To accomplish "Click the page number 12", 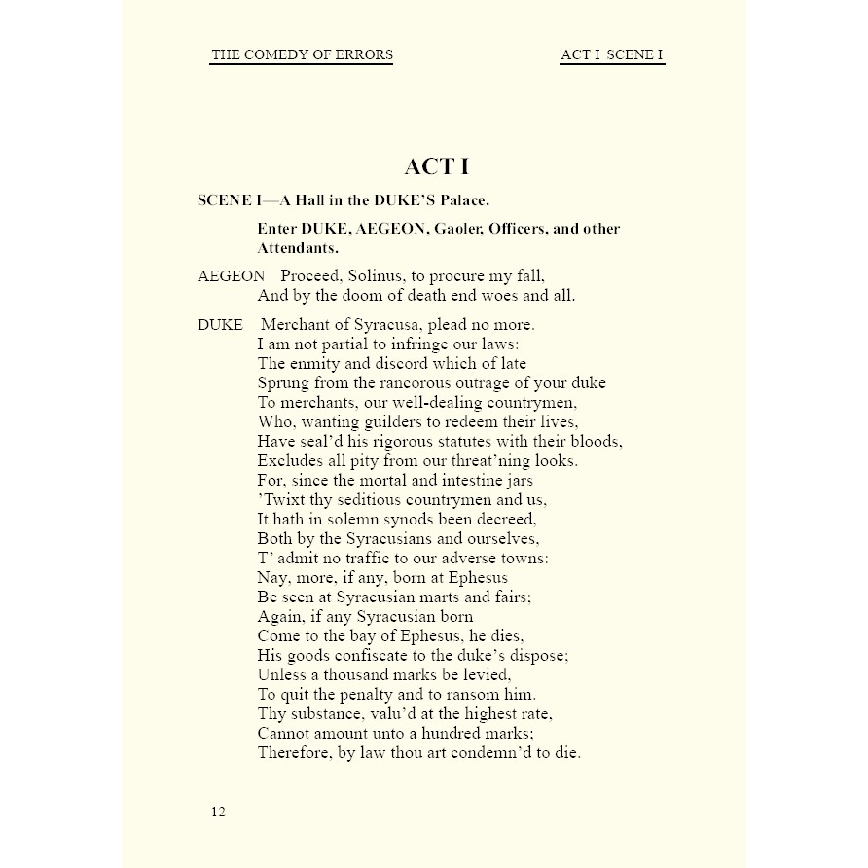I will pos(217,812).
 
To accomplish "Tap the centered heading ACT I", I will pos(437,166).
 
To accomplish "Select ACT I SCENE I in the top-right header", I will pos(612,54).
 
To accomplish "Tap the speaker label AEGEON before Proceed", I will pos(231,276).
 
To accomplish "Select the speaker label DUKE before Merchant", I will pos(220,324).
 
